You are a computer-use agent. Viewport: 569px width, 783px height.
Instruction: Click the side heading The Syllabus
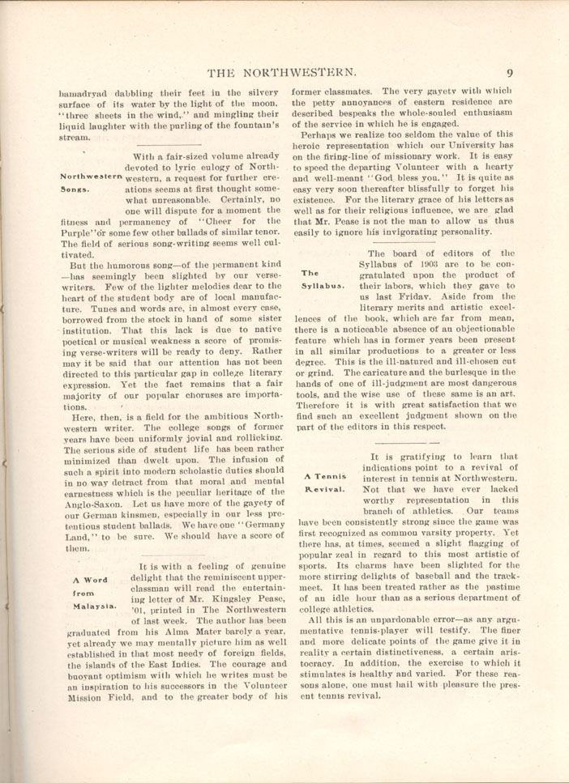(x=323, y=279)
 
